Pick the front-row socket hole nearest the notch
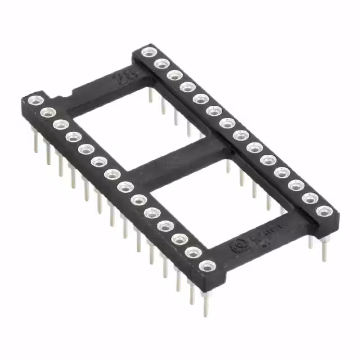point(35,101)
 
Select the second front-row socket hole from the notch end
point(48,112)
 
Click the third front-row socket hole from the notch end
point(61,124)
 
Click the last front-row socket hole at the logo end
point(208,265)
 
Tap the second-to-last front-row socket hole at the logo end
point(193,252)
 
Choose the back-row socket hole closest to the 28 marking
point(148,53)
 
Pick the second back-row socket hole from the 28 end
point(161,64)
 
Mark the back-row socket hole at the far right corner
point(323,211)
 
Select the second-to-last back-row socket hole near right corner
point(309,199)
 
